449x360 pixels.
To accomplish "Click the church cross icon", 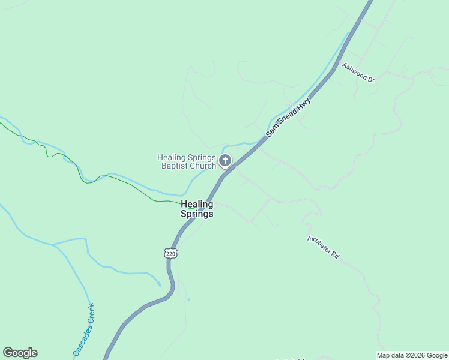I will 225,160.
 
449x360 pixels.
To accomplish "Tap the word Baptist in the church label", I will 175,166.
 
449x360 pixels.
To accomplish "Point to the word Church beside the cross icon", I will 202,166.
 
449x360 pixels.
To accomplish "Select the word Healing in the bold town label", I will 197,204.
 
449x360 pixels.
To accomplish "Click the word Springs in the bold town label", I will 197,214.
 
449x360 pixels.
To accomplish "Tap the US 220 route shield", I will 171,254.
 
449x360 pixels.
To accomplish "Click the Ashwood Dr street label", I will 358,73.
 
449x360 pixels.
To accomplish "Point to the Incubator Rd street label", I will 324,247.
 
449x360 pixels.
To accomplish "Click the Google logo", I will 20,353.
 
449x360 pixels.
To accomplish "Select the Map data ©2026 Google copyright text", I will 412,355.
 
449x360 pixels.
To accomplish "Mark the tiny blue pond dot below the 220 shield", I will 188,299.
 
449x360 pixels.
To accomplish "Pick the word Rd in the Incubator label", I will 335,254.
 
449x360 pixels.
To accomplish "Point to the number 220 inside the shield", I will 171,254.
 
